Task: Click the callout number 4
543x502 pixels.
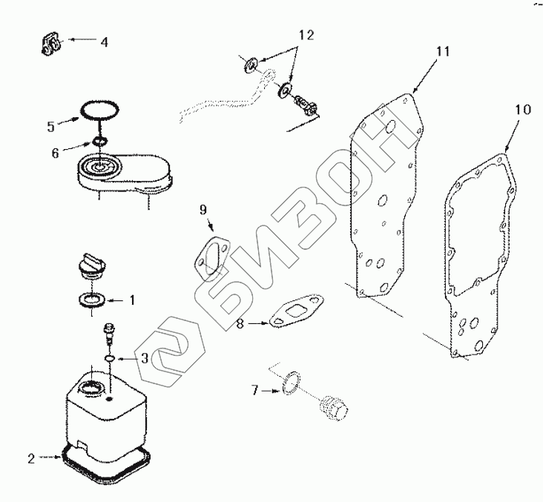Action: coord(105,42)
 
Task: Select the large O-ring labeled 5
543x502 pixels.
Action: coord(99,110)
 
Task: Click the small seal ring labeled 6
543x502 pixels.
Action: coord(99,141)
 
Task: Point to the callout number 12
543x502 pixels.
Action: coord(306,35)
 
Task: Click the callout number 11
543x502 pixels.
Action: coord(443,51)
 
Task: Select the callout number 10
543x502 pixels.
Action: coord(523,110)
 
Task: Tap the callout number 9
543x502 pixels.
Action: coord(203,209)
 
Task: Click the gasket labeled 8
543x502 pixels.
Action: coord(297,310)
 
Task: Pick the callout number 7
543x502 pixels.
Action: coord(255,391)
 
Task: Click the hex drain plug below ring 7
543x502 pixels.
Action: coord(333,408)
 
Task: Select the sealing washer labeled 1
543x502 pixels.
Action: coord(93,300)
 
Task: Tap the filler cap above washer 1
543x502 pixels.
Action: coord(91,266)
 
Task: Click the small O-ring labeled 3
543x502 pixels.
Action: coord(110,358)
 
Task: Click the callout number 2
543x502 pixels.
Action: coord(31,459)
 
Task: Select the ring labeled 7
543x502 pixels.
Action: coord(291,383)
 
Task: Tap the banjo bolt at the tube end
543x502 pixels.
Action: coord(306,105)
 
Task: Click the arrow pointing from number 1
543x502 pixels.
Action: coord(116,300)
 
